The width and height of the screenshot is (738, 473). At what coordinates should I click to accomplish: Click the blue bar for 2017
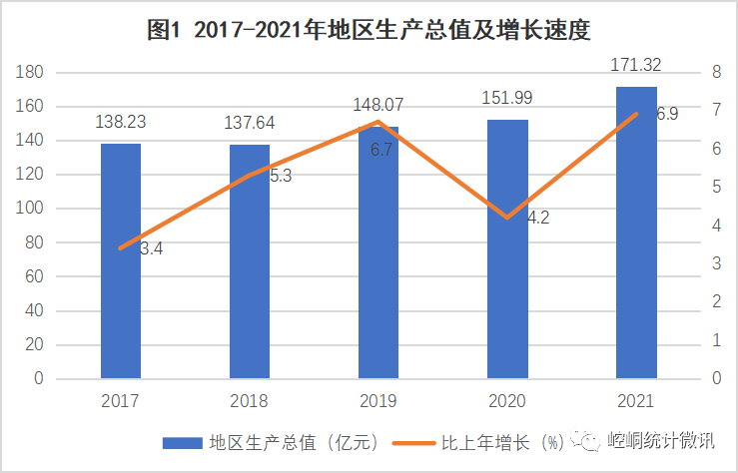(x=120, y=261)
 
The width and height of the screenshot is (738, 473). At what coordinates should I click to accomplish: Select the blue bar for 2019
(x=377, y=253)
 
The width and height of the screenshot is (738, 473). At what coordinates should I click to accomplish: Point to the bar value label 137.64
(x=249, y=123)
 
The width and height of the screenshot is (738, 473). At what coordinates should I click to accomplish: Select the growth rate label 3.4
(x=151, y=248)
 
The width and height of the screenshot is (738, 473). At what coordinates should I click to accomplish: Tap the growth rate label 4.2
(x=537, y=217)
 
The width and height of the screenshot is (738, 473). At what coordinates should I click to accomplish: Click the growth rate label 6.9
(x=667, y=115)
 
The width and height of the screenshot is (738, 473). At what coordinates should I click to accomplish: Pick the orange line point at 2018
(x=249, y=175)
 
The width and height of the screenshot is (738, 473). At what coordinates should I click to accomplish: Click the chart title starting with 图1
(x=369, y=30)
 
